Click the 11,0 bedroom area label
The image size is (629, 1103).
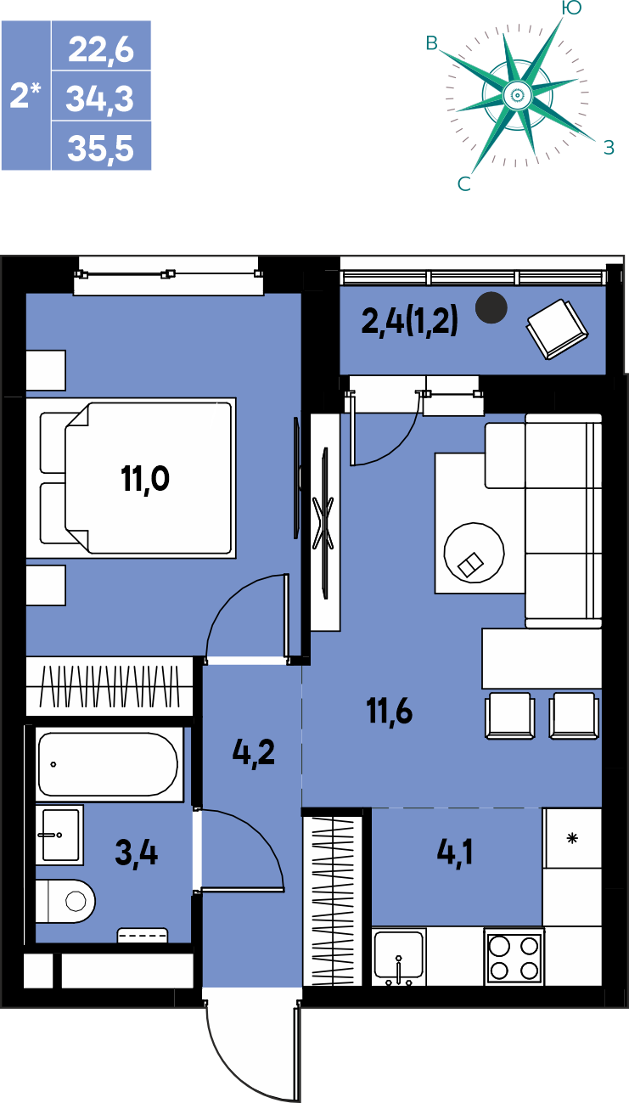(x=145, y=479)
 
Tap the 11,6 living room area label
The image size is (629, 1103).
(x=390, y=712)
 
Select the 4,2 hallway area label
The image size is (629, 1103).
(x=254, y=752)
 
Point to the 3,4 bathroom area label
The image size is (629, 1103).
(x=137, y=853)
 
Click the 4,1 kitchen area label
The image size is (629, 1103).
(x=455, y=853)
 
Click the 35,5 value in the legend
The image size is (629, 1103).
(x=100, y=148)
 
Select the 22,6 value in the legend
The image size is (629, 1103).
(x=101, y=50)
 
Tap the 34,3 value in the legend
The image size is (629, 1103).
(x=100, y=98)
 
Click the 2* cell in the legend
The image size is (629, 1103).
(x=25, y=95)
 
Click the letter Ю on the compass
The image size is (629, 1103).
(x=571, y=8)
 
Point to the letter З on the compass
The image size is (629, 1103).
(x=609, y=147)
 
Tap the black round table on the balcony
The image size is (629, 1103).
(x=491, y=307)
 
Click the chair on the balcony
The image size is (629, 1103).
(x=558, y=329)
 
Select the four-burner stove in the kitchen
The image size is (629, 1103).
(x=514, y=957)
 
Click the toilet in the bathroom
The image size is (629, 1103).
(x=65, y=901)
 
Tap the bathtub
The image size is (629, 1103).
(x=108, y=764)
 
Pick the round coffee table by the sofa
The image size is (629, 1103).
(x=474, y=553)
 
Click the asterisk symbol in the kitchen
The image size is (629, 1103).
(x=572, y=837)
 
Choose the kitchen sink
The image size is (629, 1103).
(x=399, y=957)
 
